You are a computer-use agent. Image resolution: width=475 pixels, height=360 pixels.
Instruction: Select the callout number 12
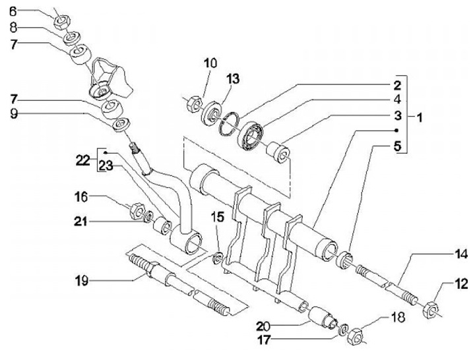460,285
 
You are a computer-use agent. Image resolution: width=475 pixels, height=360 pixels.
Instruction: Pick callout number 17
284,342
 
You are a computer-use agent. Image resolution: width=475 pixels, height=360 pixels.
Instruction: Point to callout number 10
210,63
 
